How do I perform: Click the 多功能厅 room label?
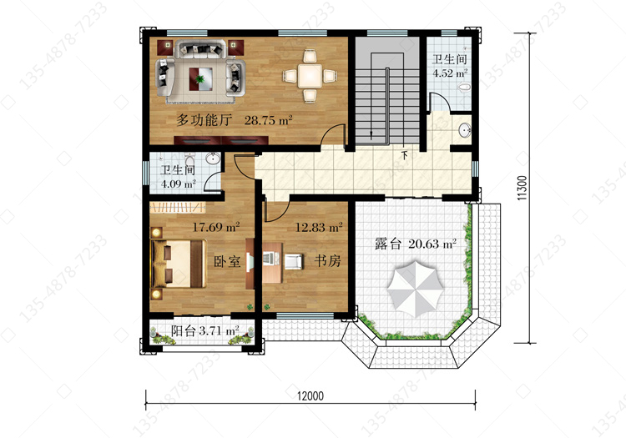tap(204, 119)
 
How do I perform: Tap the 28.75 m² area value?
tap(268, 119)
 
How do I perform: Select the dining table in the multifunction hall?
tap(310, 75)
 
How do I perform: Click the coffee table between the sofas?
tap(201, 79)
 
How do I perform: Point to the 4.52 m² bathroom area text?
tap(450, 73)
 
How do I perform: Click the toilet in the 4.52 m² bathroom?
tap(464, 88)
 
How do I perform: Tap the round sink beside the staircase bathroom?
tap(465, 130)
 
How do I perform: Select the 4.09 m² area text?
tap(178, 184)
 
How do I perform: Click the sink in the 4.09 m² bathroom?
tap(213, 159)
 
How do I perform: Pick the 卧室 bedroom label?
tap(227, 262)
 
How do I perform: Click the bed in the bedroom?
tap(178, 264)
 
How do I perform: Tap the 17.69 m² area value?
tap(216, 227)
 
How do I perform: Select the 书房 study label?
tap(327, 261)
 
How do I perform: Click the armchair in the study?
tap(295, 261)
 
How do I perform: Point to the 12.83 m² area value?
tap(319, 228)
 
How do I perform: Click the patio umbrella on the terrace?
tap(415, 288)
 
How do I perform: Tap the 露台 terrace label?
tap(387, 244)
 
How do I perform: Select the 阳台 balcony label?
tap(184, 330)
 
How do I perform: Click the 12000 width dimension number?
tap(310, 396)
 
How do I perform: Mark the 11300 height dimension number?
tap(522, 188)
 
